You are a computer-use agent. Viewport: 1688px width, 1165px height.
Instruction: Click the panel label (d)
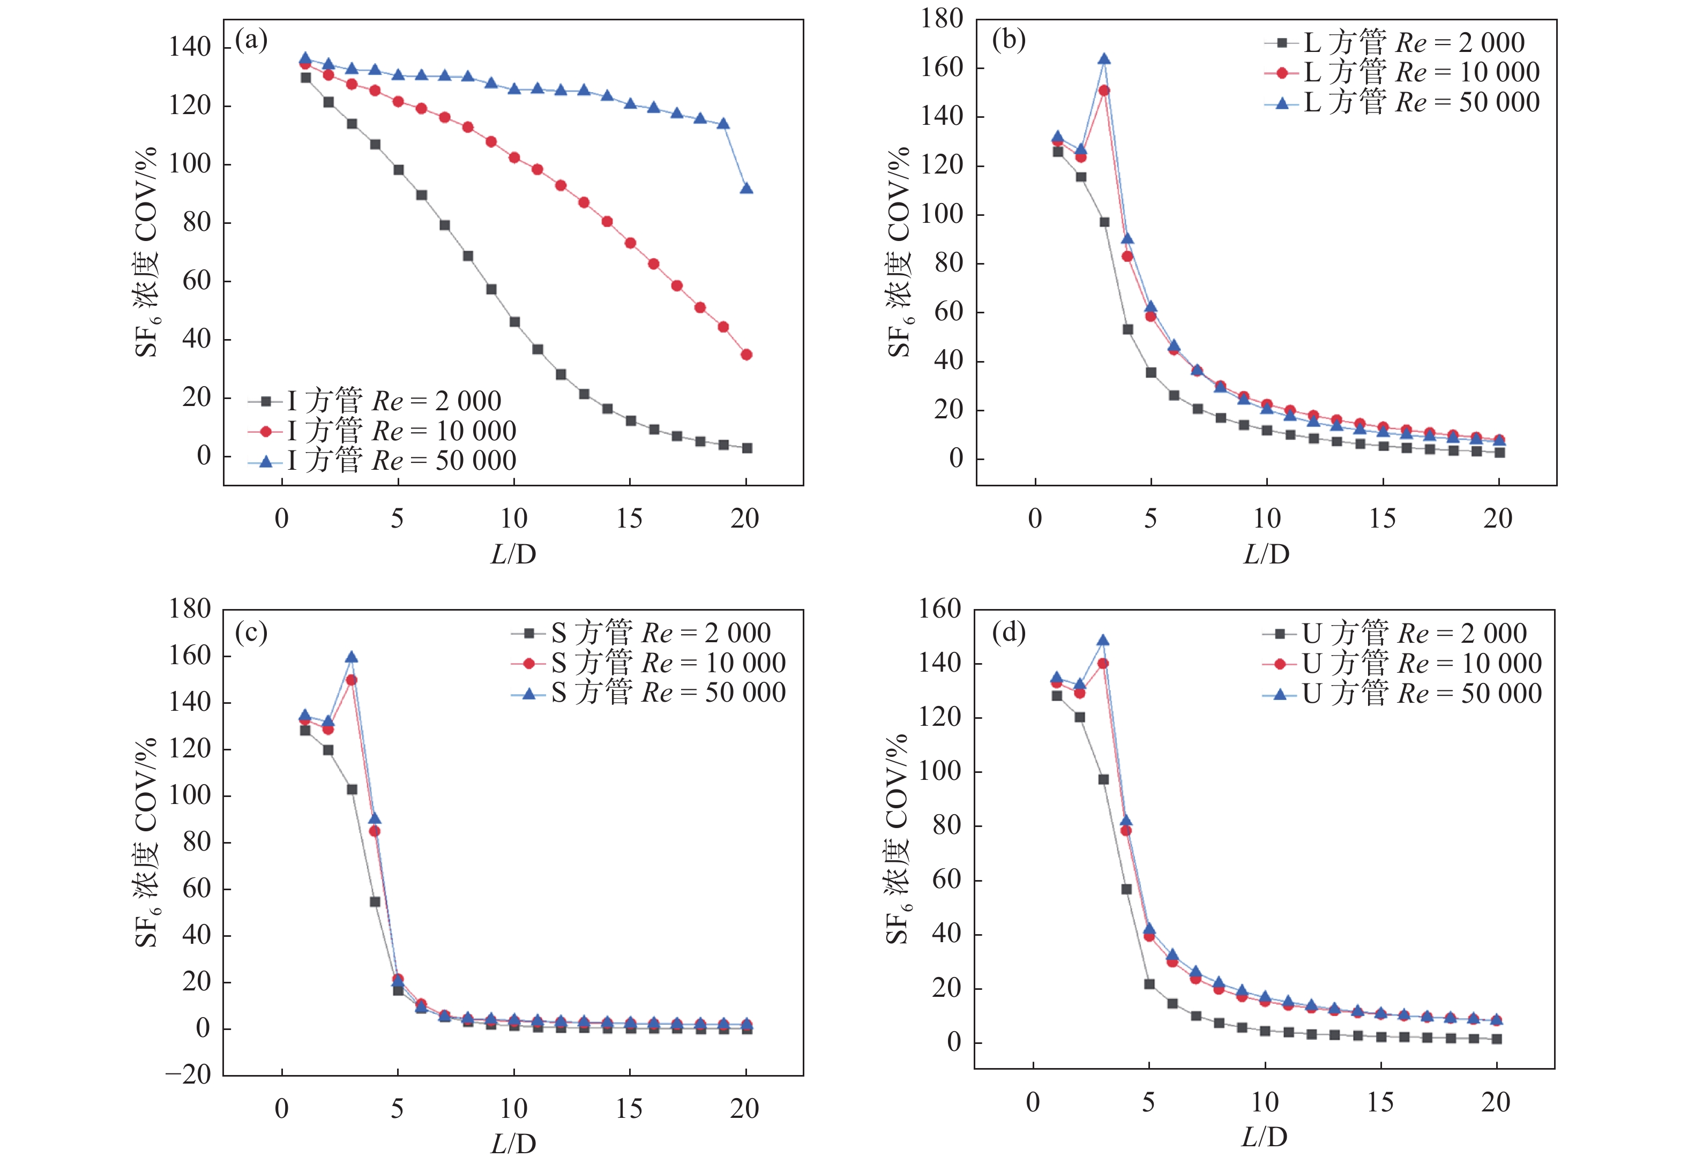tap(1009, 632)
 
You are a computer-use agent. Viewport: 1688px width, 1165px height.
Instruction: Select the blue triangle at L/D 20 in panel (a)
tap(746, 189)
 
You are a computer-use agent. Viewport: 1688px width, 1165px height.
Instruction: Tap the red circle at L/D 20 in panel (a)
tap(746, 355)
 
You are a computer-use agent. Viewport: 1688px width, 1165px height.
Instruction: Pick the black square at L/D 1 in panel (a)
tap(306, 77)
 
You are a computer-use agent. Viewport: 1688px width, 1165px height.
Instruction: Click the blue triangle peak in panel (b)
tap(1104, 59)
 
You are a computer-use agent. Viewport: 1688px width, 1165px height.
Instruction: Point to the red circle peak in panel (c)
tap(351, 680)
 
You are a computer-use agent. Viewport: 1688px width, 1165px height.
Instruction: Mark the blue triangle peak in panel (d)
tap(1102, 640)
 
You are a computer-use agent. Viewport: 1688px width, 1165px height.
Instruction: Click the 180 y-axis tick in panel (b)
tap(942, 19)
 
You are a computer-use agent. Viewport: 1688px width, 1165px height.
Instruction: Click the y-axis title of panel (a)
tap(146, 252)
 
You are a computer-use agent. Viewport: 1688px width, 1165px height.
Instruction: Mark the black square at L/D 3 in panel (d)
tap(1103, 779)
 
